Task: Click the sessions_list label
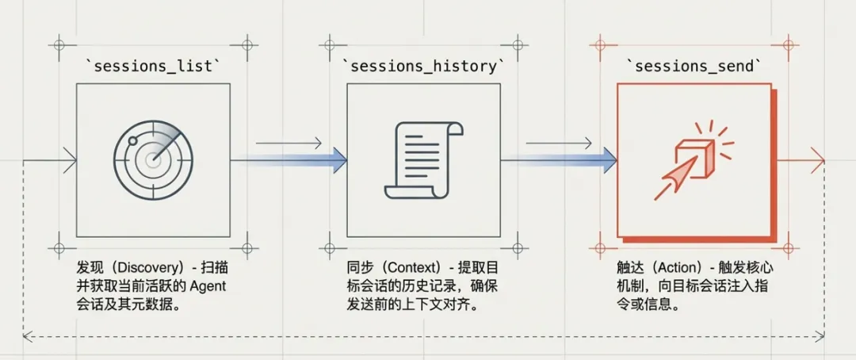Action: click(x=153, y=67)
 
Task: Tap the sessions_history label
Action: click(x=423, y=67)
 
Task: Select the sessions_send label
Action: click(x=694, y=67)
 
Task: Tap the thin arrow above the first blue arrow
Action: click(x=289, y=144)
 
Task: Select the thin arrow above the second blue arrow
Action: click(x=560, y=144)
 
